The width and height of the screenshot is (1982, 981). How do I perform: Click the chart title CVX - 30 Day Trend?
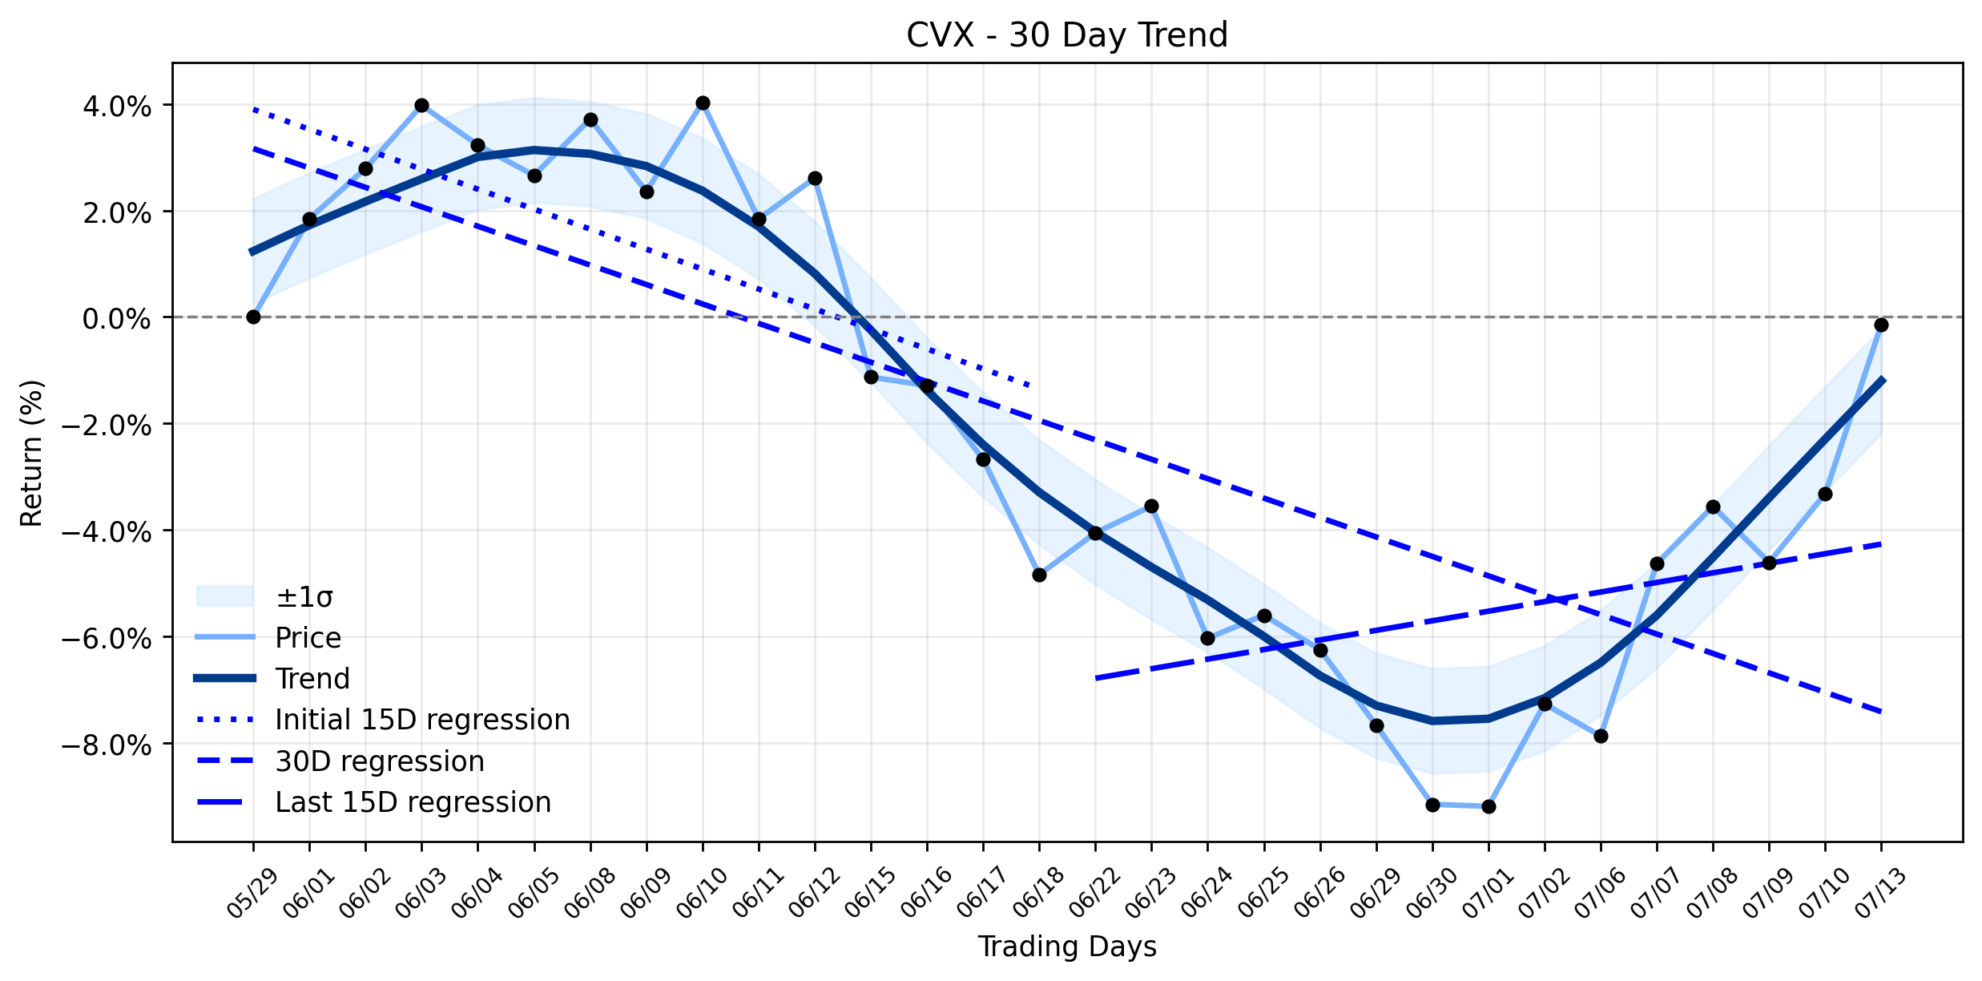pos(1066,35)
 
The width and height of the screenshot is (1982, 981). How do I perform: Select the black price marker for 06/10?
pos(703,103)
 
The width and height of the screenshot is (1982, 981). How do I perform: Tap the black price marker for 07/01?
pos(1489,806)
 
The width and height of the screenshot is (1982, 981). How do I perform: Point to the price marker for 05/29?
pos(253,317)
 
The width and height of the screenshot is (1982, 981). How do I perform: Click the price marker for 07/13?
pos(1881,325)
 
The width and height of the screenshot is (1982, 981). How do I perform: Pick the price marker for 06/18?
pos(1039,575)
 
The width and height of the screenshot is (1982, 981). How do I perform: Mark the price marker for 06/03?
pos(421,105)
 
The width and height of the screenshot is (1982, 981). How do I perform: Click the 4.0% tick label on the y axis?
pos(117,107)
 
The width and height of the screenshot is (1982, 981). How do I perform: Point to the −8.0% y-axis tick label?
pos(107,745)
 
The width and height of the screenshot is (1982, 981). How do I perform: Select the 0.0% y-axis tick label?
pos(117,319)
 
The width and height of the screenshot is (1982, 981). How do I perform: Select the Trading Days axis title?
pos(1067,947)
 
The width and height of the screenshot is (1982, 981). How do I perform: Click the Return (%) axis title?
pos(32,453)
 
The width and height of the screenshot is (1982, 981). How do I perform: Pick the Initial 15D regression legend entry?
pos(383,720)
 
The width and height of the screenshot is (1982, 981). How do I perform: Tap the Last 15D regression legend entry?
pos(373,802)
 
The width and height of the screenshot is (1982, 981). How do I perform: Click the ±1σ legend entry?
pos(265,596)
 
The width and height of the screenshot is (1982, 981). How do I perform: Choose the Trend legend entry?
pos(273,679)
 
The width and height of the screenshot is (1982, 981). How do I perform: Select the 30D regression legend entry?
pos(340,761)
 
